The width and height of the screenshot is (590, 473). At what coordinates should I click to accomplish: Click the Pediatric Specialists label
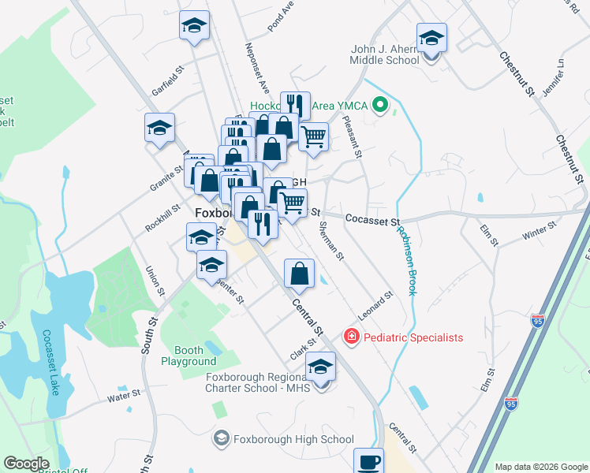(413, 337)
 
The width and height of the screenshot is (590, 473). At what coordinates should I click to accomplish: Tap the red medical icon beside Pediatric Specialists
(350, 337)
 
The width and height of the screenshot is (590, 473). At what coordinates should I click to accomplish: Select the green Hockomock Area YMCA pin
(382, 105)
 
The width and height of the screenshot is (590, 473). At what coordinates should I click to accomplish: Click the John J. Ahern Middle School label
(385, 54)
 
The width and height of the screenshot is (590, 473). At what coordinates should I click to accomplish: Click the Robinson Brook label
(407, 260)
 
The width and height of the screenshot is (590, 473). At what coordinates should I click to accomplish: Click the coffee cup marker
(368, 461)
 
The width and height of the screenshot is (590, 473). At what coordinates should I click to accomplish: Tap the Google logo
(27, 464)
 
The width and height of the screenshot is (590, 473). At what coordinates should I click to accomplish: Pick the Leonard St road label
(375, 305)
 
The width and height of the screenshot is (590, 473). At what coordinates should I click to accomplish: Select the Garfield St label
(167, 81)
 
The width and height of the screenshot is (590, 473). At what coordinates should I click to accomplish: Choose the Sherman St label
(331, 240)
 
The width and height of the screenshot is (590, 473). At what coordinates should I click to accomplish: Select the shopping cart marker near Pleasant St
(314, 137)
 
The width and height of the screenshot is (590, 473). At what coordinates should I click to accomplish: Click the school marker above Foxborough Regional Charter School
(320, 367)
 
